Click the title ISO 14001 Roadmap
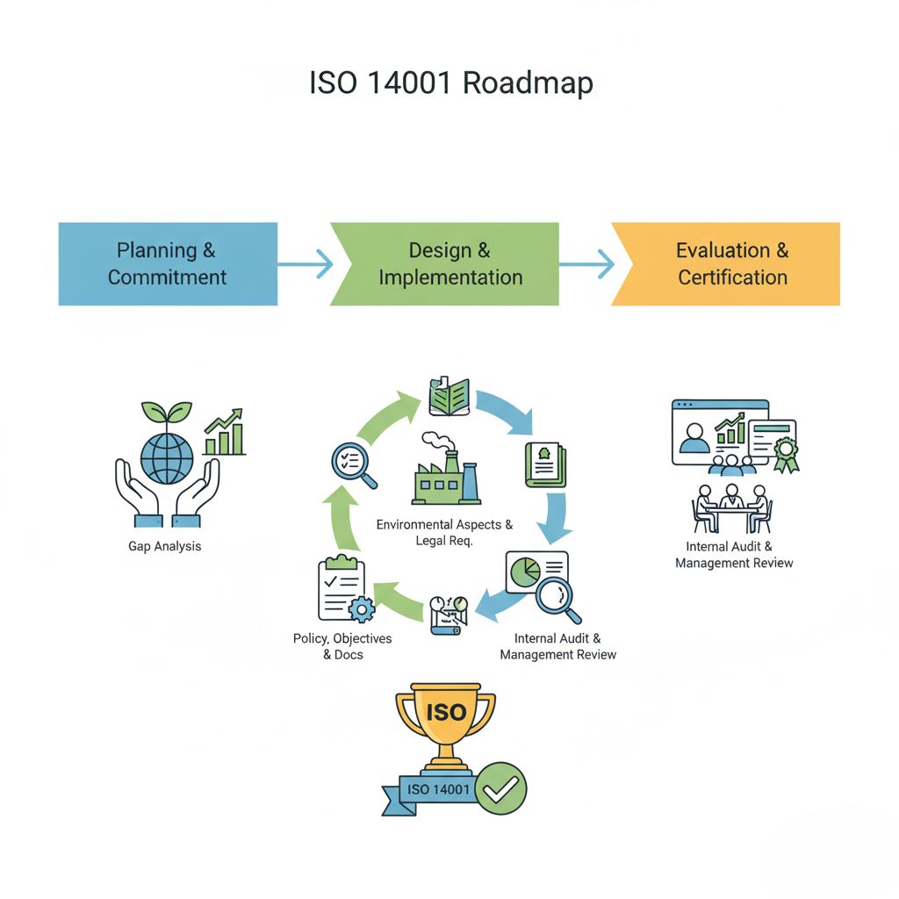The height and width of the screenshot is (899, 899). click(450, 83)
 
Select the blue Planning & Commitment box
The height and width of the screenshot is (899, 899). click(167, 263)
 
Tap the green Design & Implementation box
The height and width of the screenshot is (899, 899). click(449, 263)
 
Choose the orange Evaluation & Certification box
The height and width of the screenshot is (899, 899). click(731, 263)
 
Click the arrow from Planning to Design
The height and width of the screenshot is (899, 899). click(306, 263)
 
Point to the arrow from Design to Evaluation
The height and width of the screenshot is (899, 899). click(586, 263)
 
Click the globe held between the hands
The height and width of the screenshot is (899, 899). click(167, 456)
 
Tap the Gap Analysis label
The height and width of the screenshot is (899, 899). click(164, 546)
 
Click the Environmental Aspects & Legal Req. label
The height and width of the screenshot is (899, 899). click(444, 532)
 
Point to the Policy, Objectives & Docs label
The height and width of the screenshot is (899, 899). click(342, 646)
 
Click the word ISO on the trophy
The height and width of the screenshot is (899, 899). click(445, 712)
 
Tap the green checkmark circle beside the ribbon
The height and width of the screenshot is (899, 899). click(502, 788)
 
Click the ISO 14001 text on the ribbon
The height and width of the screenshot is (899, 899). click(439, 789)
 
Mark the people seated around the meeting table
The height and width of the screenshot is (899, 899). click(730, 507)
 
